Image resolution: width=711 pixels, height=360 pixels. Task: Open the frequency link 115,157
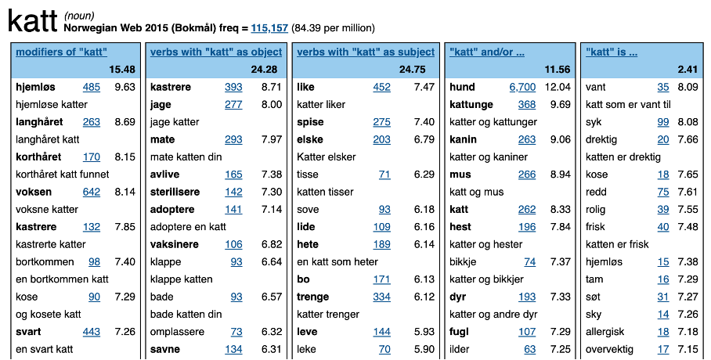point(269,28)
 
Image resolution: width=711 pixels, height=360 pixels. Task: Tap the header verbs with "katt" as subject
point(366,52)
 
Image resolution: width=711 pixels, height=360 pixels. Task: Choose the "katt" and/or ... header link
point(487,52)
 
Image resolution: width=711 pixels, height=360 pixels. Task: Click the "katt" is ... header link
point(612,52)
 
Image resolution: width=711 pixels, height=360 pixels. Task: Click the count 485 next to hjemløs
point(92,87)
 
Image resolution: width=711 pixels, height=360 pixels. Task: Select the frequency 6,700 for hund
point(522,87)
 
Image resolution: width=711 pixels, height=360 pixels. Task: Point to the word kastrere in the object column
point(170,87)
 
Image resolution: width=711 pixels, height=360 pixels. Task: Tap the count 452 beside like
point(381,87)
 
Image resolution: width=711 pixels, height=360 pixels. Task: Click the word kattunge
point(471,104)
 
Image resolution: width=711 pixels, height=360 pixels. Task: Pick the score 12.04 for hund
point(558,87)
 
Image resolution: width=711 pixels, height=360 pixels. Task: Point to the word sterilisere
point(175,192)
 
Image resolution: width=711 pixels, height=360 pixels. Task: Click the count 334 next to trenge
point(381,297)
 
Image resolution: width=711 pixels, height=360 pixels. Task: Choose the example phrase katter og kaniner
point(485,157)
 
